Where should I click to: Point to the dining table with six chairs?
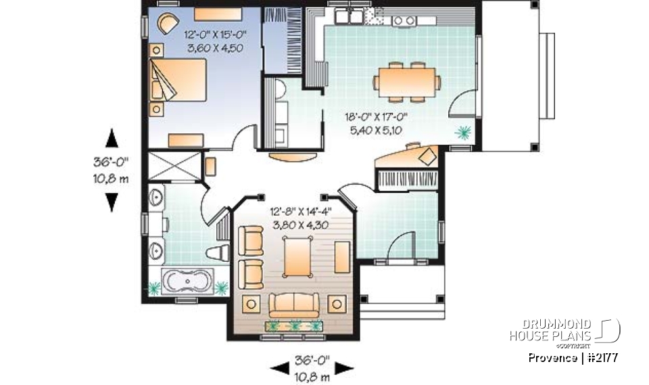[x=406, y=82]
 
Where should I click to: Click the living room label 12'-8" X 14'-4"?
[x=302, y=211]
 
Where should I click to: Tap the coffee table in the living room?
[x=298, y=258]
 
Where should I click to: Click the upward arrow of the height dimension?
[x=112, y=139]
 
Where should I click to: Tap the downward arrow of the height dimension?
[x=112, y=202]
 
